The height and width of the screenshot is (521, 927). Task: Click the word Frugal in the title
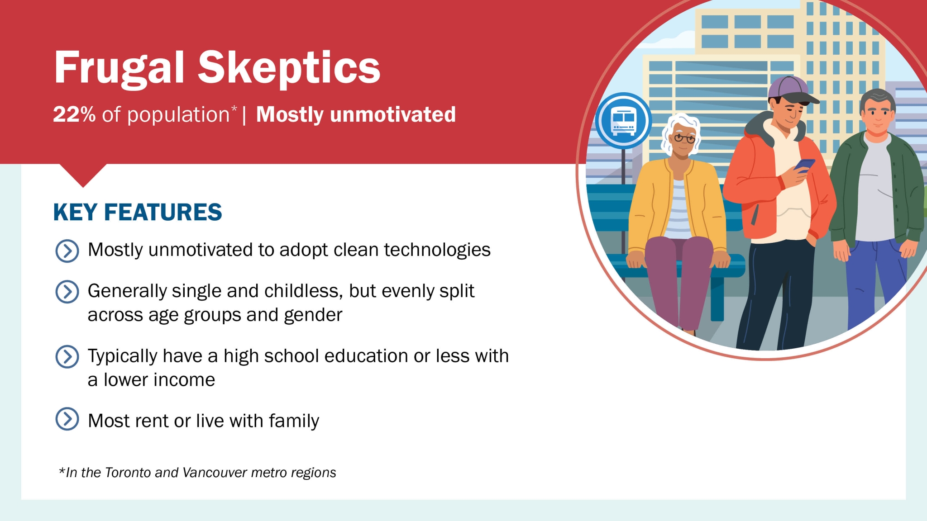coord(119,68)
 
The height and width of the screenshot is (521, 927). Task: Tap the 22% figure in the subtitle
coord(74,114)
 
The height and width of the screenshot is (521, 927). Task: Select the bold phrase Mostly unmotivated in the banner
coord(356,114)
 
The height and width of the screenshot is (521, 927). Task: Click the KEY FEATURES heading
coord(138,212)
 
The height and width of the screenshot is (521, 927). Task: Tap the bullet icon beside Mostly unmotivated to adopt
coord(67,251)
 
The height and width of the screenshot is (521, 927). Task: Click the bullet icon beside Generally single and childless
coord(67,292)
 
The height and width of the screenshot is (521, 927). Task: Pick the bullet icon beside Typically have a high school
coord(67,357)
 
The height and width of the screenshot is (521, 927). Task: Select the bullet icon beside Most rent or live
coord(67,419)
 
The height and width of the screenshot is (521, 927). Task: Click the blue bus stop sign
coord(623,121)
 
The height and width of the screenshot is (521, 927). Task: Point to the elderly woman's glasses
coord(684,138)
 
